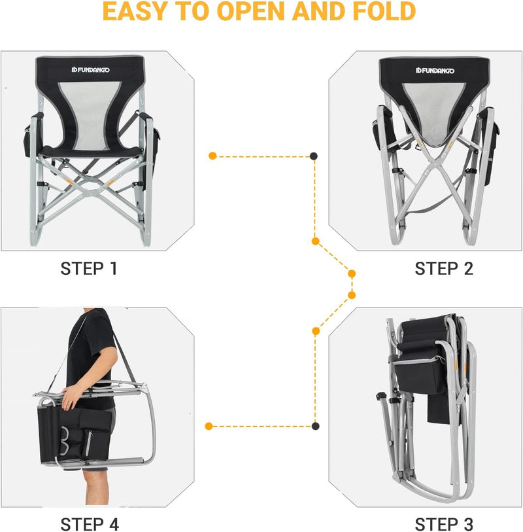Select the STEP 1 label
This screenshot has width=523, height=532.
(x=89, y=268)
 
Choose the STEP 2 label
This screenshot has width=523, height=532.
(x=444, y=268)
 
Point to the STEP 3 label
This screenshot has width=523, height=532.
(x=444, y=524)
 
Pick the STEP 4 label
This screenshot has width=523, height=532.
(x=90, y=524)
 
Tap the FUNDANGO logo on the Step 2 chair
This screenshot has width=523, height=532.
(x=435, y=71)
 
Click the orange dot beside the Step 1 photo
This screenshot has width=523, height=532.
(x=212, y=156)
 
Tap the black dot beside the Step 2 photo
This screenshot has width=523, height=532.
(x=314, y=156)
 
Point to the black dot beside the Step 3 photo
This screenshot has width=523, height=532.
(x=315, y=426)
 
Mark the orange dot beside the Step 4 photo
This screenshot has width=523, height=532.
(x=209, y=426)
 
